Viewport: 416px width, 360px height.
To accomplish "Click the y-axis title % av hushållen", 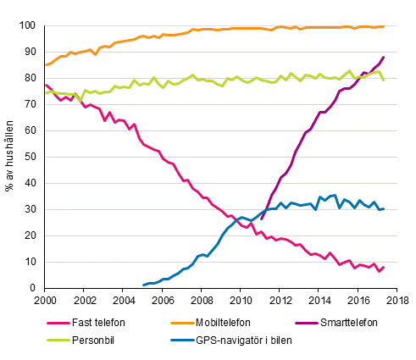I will (10, 157).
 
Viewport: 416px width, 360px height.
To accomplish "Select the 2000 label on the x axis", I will (45, 300).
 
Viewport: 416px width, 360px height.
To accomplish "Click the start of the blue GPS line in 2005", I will (142, 285).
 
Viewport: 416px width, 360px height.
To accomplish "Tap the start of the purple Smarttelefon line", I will (261, 219).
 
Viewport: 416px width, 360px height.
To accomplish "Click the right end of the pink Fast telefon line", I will (384, 268).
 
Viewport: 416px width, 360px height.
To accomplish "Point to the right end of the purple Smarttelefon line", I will (384, 58).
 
